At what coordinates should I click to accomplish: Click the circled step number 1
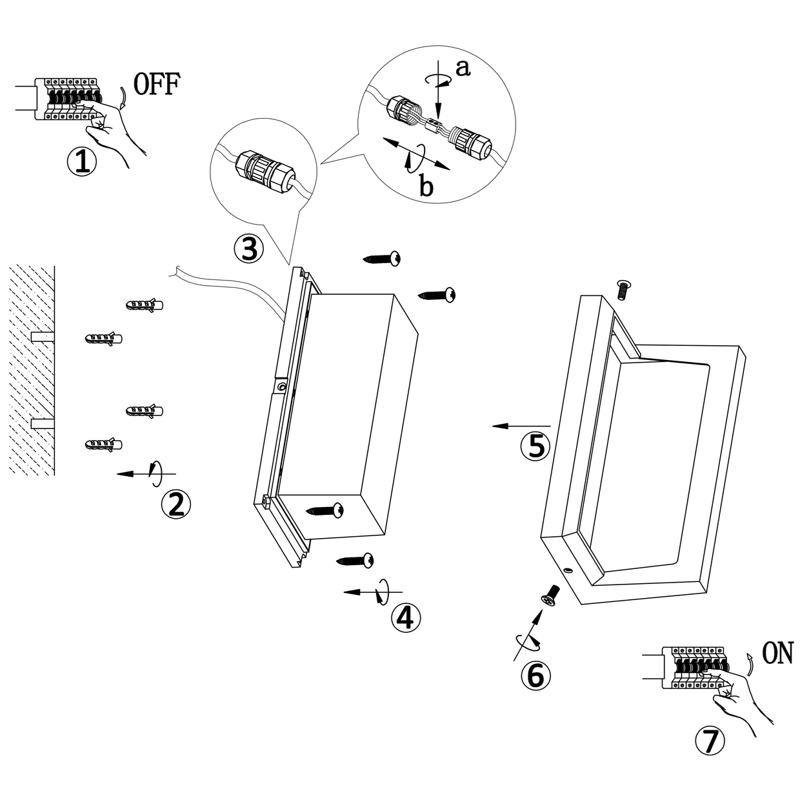[82, 161]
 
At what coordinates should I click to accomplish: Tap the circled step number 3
[248, 248]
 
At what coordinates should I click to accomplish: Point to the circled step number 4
[405, 617]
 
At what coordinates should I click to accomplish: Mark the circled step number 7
[709, 742]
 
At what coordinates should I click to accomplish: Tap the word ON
[777, 654]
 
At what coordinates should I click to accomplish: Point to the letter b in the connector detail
[426, 187]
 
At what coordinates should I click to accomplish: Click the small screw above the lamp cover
[623, 289]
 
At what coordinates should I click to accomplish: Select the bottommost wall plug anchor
[103, 444]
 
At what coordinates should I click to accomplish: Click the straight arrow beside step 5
[521, 426]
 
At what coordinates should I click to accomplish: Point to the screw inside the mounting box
[326, 510]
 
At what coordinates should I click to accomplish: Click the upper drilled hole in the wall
[43, 337]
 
